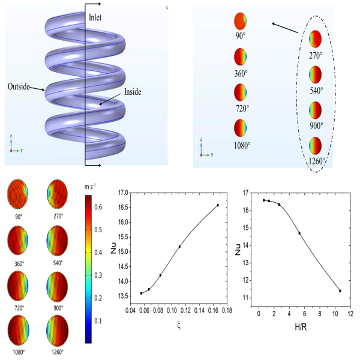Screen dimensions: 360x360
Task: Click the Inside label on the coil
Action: (x=133, y=92)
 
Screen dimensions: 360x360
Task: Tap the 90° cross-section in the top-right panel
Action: (x=240, y=22)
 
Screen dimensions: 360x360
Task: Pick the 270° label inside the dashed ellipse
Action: (x=316, y=54)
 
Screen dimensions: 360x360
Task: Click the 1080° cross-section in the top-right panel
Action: (x=240, y=129)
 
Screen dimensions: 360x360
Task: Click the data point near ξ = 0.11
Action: (x=179, y=247)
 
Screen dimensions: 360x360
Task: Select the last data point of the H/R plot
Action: (x=340, y=291)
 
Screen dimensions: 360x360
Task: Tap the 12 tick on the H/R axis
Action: (x=350, y=314)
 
